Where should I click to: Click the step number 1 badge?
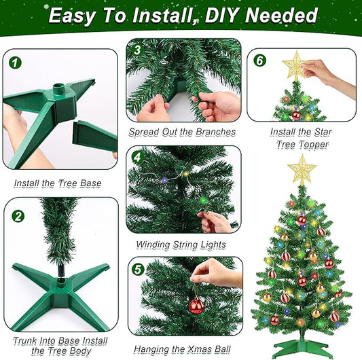15,62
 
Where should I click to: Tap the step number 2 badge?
18,216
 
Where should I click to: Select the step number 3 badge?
137,50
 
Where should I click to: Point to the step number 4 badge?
138,158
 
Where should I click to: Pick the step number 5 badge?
138,269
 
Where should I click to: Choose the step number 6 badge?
260,60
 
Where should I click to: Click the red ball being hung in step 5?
196,306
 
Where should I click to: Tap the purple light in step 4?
164,180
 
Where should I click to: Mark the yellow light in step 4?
185,173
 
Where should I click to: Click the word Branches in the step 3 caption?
215,132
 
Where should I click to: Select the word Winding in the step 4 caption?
153,245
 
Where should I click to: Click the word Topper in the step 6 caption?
313,145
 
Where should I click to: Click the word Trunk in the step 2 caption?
25,340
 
